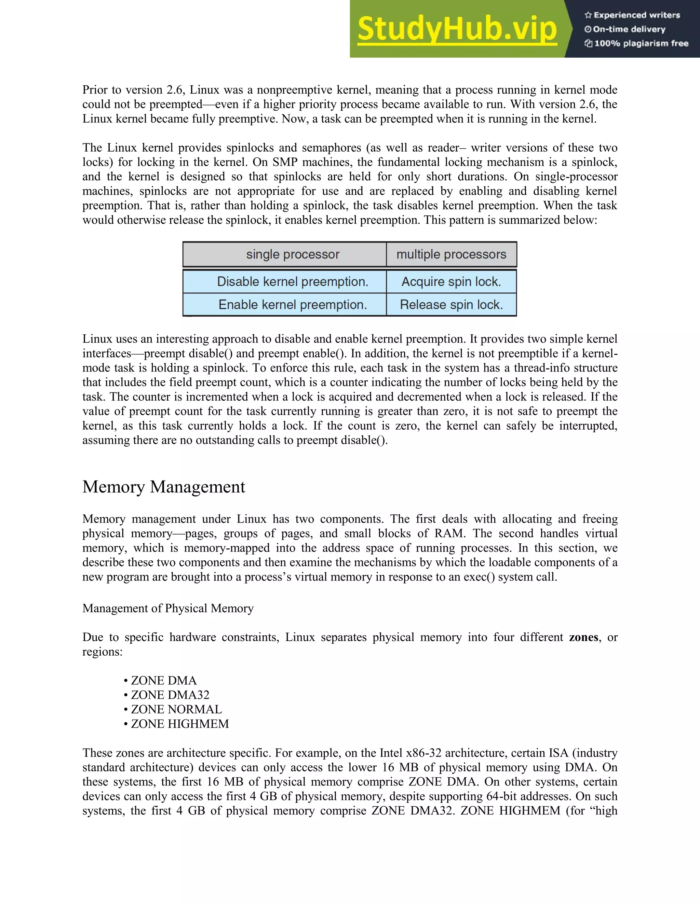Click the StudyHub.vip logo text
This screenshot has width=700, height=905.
point(457,29)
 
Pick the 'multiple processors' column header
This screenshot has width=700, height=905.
point(451,254)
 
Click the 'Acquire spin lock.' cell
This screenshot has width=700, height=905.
point(451,282)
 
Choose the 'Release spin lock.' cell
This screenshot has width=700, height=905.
point(451,305)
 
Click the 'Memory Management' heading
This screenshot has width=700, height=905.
point(164,487)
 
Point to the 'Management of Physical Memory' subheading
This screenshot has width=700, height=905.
point(168,608)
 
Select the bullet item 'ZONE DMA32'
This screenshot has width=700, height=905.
point(170,695)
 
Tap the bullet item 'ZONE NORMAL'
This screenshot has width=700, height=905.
point(176,709)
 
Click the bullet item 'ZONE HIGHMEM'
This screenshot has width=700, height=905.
point(179,724)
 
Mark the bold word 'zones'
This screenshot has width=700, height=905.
point(583,637)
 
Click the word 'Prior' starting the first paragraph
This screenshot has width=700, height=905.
point(93,90)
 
